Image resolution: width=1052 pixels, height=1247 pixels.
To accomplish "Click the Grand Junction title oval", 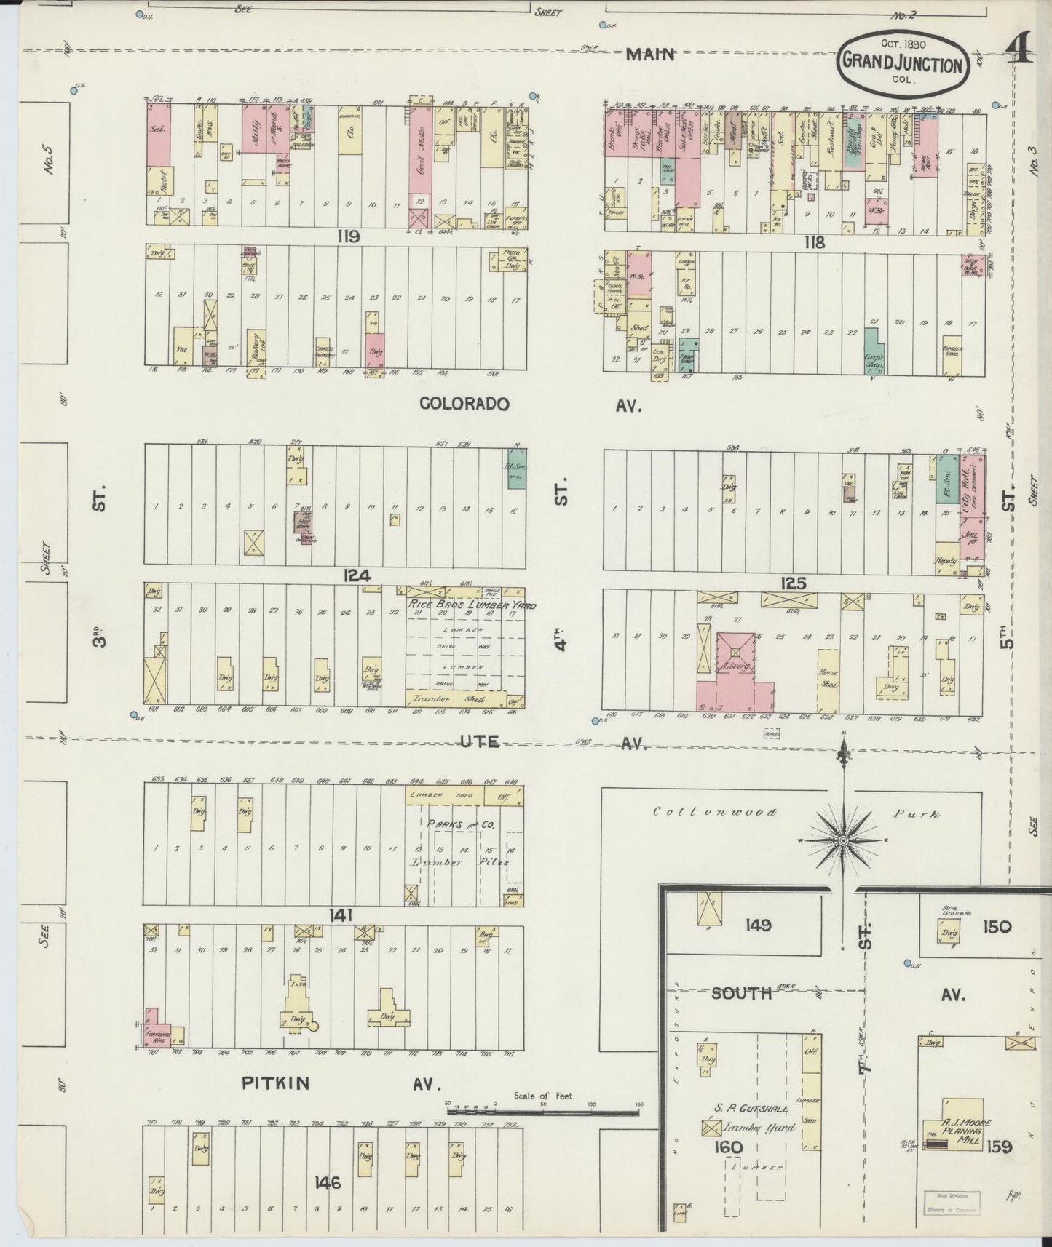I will coord(903,64).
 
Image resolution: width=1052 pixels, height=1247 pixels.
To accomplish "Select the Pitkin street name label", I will coord(276,1083).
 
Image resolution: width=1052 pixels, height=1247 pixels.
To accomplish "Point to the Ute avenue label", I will coord(480,741).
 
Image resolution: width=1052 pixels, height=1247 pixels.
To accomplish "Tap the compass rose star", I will coord(843,840).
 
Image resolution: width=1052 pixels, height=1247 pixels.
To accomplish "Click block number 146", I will coord(328,1183).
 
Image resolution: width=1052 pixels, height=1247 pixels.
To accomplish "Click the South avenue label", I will coord(741,993).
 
